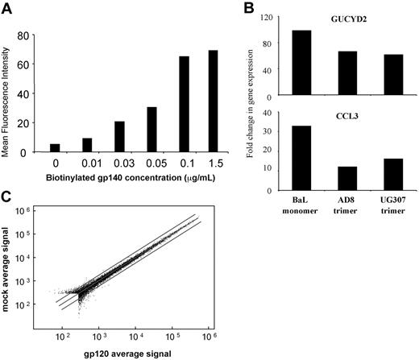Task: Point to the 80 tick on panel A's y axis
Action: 35,35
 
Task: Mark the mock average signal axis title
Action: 14,266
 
